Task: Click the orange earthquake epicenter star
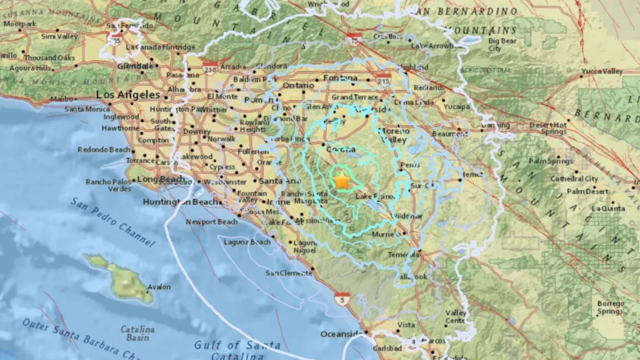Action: pyautogui.click(x=342, y=181)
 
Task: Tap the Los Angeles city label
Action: pyautogui.click(x=128, y=94)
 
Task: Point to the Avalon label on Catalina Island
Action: pyautogui.click(x=159, y=287)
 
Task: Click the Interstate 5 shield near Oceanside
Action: pyautogui.click(x=341, y=299)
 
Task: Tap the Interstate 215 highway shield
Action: pyautogui.click(x=383, y=78)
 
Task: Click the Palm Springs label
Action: pyautogui.click(x=551, y=161)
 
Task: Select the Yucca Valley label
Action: pyautogui.click(x=602, y=71)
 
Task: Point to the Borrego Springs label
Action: pyautogui.click(x=609, y=307)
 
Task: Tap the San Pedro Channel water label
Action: pyautogui.click(x=112, y=221)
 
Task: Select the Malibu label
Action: pyautogui.click(x=62, y=99)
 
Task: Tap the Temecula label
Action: pyautogui.click(x=401, y=255)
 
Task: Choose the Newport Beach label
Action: pyautogui.click(x=212, y=222)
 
